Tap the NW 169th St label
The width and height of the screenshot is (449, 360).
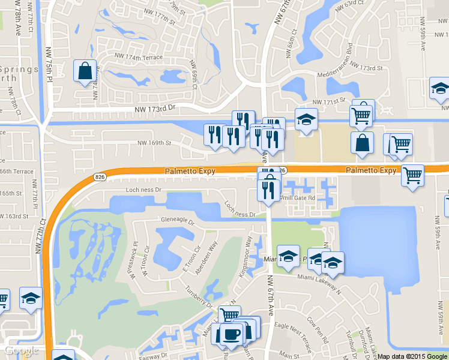click(x=155, y=143)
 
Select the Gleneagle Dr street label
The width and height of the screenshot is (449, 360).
click(x=177, y=221)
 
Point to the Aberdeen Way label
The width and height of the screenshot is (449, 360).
click(x=205, y=256)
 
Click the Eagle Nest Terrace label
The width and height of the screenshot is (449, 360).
click(x=294, y=332)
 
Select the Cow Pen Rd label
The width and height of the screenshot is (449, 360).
click(x=320, y=328)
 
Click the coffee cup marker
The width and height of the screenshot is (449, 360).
click(x=232, y=334)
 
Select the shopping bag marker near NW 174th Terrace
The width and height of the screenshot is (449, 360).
click(x=85, y=70)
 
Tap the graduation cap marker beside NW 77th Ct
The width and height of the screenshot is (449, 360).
click(x=30, y=298)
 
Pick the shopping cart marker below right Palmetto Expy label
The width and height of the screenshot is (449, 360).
click(x=412, y=175)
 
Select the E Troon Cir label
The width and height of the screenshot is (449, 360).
click(x=191, y=259)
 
